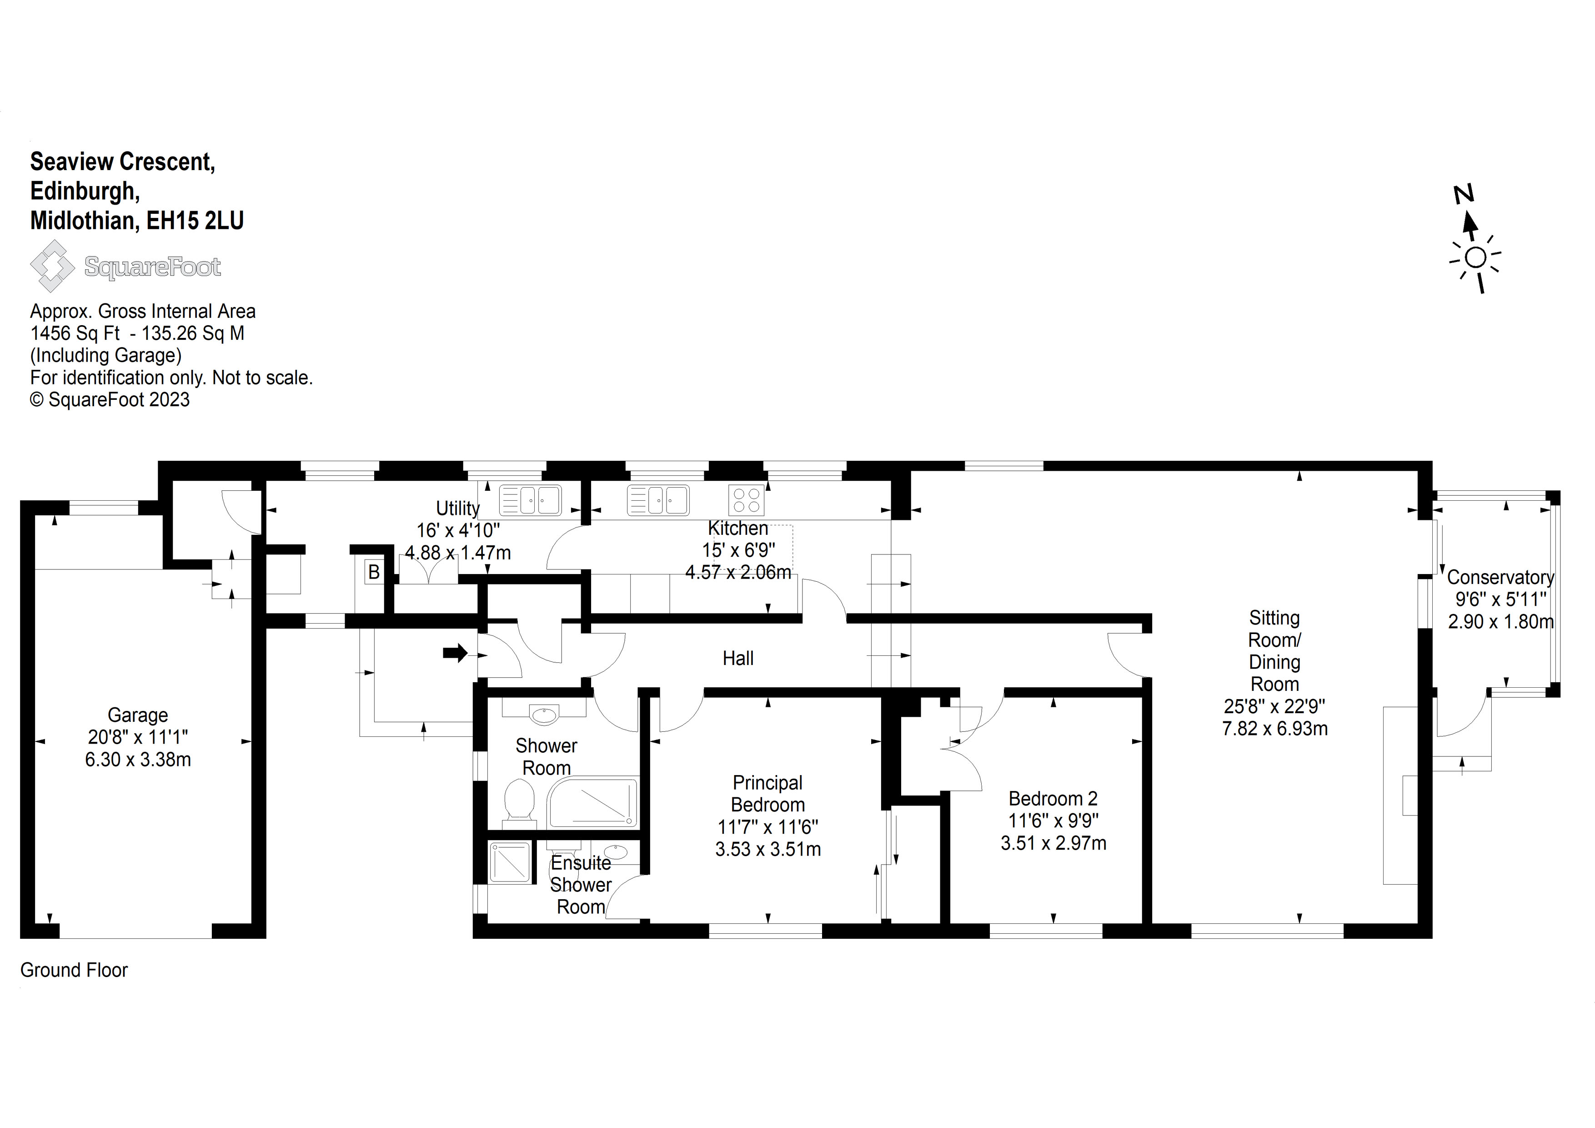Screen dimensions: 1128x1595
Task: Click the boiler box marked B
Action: [x=374, y=572]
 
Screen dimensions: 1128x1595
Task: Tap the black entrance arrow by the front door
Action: [x=456, y=653]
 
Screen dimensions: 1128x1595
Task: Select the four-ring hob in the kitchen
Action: [x=746, y=500]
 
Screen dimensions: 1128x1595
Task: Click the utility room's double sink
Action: [x=530, y=500]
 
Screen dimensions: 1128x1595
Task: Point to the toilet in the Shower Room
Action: [x=519, y=801]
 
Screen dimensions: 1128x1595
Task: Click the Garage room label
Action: [x=138, y=715]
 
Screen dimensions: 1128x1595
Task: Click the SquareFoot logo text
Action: [x=152, y=267]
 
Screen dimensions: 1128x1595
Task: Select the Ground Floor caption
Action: [x=74, y=970]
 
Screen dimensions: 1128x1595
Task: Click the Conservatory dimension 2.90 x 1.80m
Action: [x=1500, y=621]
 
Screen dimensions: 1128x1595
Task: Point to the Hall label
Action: [x=738, y=658]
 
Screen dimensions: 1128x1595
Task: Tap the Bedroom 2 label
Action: [x=1053, y=799]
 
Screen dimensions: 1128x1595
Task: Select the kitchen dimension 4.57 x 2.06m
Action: [x=738, y=573]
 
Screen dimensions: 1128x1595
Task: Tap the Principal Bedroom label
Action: [x=767, y=794]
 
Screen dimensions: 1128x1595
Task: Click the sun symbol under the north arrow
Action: [x=1475, y=258]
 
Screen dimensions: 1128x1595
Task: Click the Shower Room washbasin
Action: [x=543, y=715]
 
